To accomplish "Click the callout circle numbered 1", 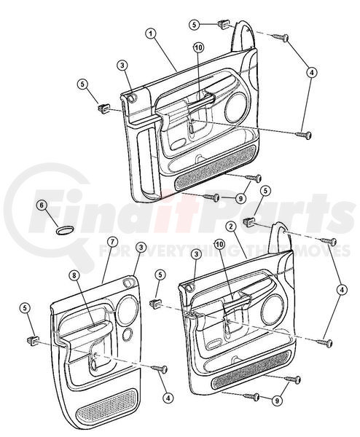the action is pyautogui.click(x=151, y=34).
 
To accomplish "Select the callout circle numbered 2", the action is pyautogui.click(x=231, y=227).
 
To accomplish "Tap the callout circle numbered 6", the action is pyautogui.click(x=42, y=205).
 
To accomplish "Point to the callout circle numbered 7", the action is pyautogui.click(x=111, y=243).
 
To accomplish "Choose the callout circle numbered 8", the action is pyautogui.click(x=74, y=275).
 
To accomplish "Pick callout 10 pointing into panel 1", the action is pyautogui.click(x=198, y=48).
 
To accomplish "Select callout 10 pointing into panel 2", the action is pyautogui.click(x=219, y=245).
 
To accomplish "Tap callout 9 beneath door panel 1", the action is pyautogui.click(x=240, y=198).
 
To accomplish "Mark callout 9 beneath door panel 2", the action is pyautogui.click(x=277, y=401).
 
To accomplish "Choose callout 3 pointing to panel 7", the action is pyautogui.click(x=141, y=247).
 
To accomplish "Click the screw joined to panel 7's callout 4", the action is pyautogui.click(x=160, y=369).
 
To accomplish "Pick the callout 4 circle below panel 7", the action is pyautogui.click(x=168, y=398).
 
